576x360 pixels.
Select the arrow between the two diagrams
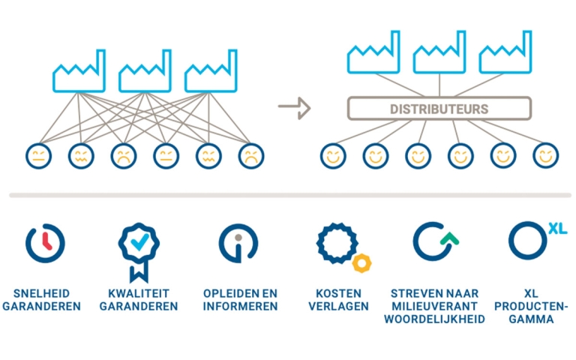click(x=294, y=108)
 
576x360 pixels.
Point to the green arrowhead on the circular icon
click(x=450, y=238)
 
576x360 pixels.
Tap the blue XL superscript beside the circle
click(x=558, y=229)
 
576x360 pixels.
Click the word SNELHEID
click(x=41, y=293)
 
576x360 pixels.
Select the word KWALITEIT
click(x=139, y=293)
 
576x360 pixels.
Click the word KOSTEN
click(x=339, y=293)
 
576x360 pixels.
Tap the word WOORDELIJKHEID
click(x=434, y=319)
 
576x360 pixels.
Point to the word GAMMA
click(x=531, y=319)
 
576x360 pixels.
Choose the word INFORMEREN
click(x=240, y=306)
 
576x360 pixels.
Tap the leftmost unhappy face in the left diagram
click(x=38, y=156)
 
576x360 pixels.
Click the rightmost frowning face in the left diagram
click(x=251, y=156)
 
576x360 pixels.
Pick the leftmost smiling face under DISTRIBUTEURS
click(x=333, y=156)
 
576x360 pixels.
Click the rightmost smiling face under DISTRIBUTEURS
click(x=546, y=156)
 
